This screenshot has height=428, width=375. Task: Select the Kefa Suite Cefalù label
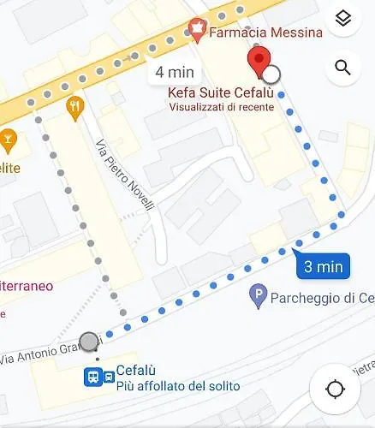[221, 92]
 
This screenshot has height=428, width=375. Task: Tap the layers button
[343, 20]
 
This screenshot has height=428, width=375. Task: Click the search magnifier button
[343, 68]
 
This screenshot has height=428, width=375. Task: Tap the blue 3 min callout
[323, 265]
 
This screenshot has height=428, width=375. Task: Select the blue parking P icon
[258, 299]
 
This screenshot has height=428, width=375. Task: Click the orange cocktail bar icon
[8, 137]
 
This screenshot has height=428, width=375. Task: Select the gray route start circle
[89, 342]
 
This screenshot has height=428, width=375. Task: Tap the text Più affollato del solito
[178, 387]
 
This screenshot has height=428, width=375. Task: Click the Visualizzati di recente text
[221, 107]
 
